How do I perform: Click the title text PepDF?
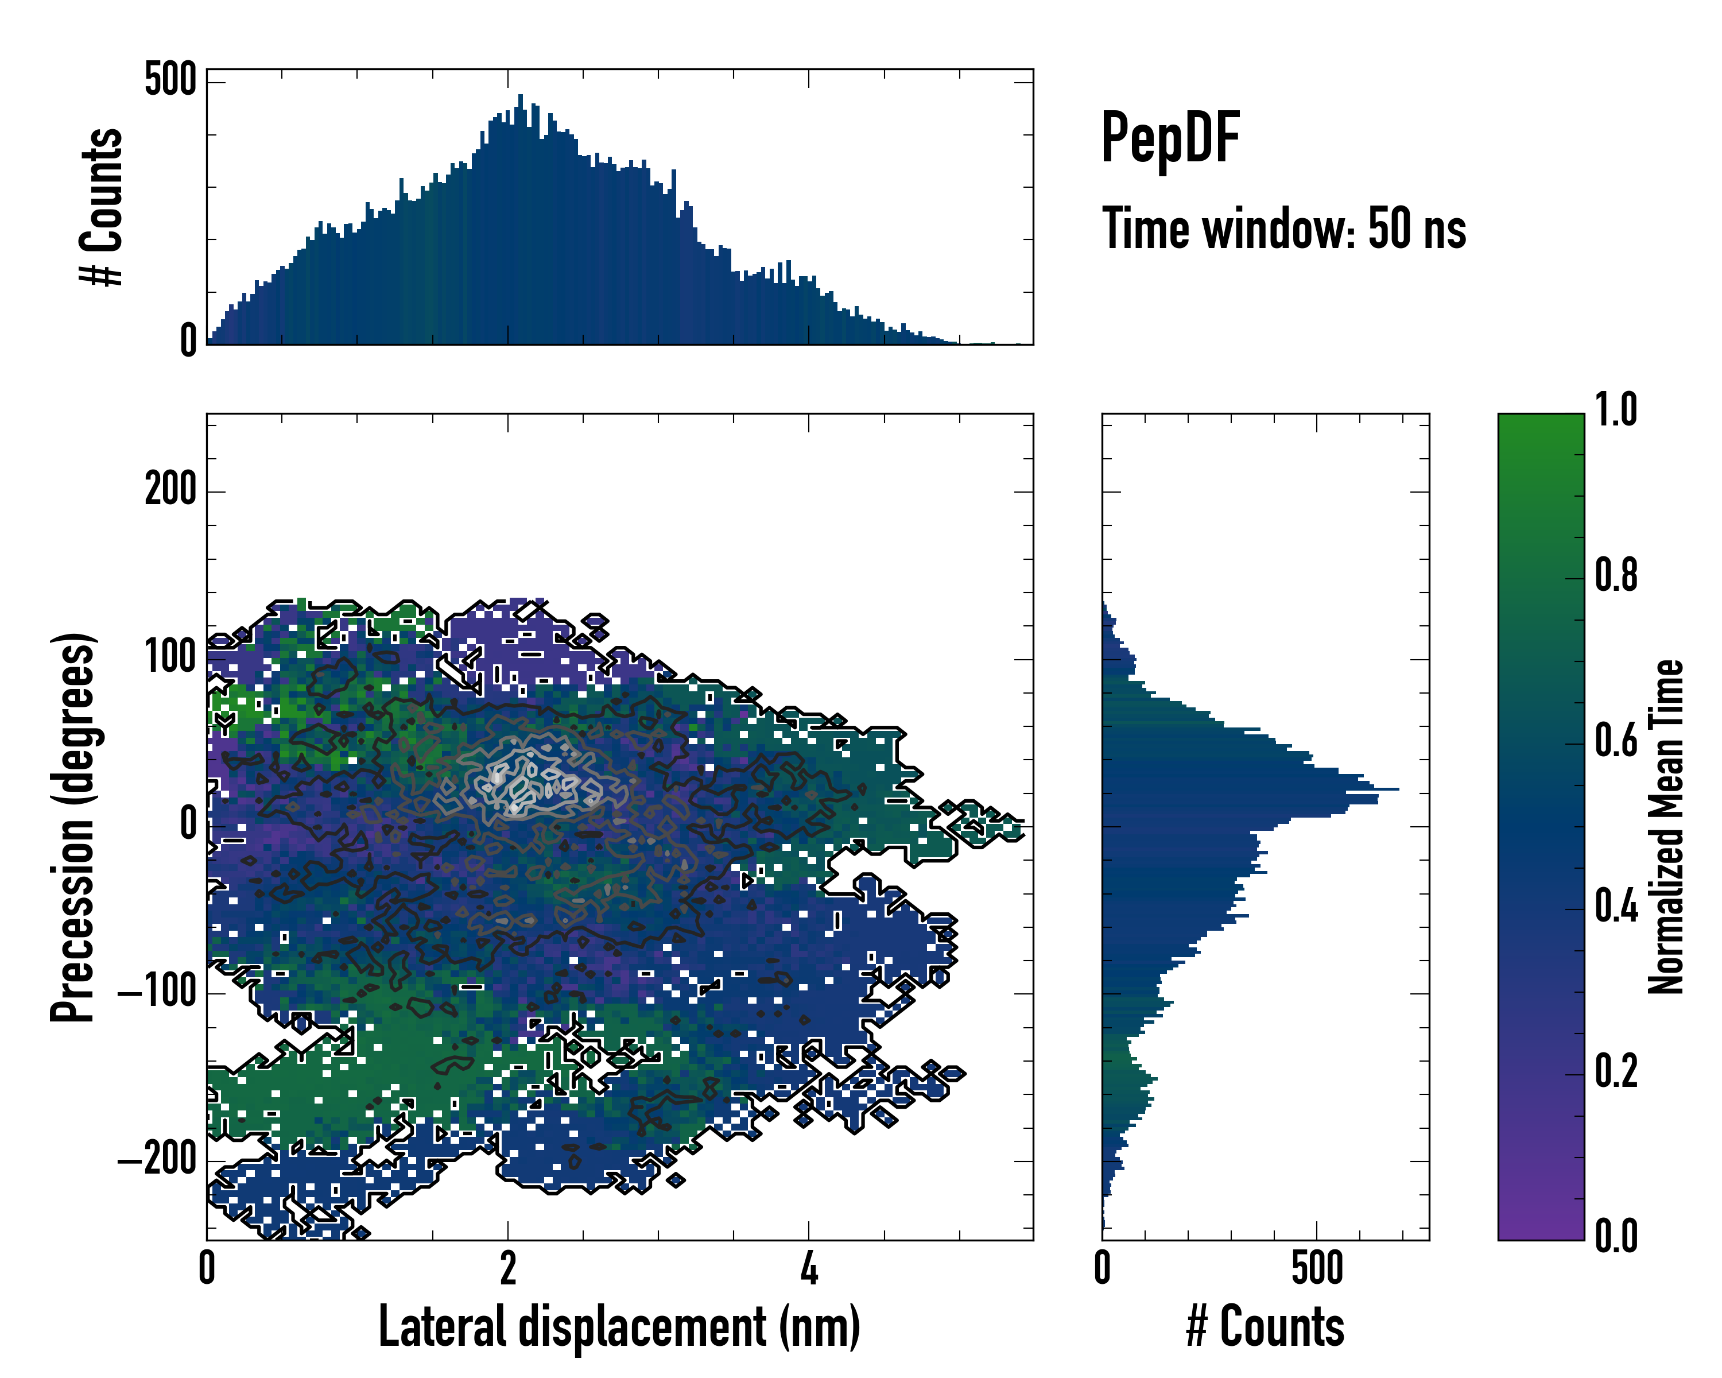[1170, 138]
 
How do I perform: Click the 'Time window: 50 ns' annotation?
[1283, 229]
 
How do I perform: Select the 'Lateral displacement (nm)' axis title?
[619, 1326]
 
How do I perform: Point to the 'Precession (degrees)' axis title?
[73, 827]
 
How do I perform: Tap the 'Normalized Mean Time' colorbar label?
[1666, 827]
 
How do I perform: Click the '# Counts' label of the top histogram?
[102, 207]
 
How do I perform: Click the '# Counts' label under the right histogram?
[1265, 1326]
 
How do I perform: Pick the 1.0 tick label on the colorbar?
[1616, 410]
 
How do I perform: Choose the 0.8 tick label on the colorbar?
[1616, 575]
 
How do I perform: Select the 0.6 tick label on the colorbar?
[1616, 741]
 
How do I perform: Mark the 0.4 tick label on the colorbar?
[1616, 906]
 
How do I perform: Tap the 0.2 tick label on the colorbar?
[1616, 1071]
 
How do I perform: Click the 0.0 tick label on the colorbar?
[1616, 1236]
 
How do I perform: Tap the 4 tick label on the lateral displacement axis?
[809, 1268]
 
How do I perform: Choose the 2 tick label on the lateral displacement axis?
[508, 1268]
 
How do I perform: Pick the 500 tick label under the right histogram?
[1317, 1268]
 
